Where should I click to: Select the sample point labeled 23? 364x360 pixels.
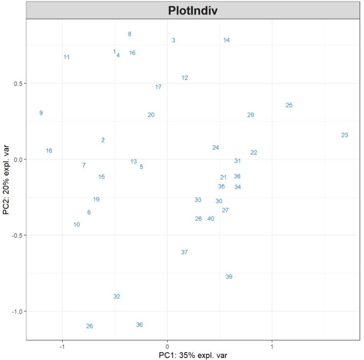pos(344,135)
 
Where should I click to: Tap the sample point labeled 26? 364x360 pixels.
pos(89,326)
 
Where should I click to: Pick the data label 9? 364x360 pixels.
pos(41,113)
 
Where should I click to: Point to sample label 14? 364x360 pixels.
pos(226,40)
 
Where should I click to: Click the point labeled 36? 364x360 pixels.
pos(140,325)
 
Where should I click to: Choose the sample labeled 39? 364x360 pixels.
pos(229,277)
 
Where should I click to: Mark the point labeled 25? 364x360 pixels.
pos(289,105)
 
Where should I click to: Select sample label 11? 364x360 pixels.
pos(66,58)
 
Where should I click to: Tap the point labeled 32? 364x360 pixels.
pos(116,297)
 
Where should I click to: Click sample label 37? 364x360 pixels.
pos(184,252)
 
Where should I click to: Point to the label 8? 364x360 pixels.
pos(130,34)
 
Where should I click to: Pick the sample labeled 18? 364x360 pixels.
pos(49,151)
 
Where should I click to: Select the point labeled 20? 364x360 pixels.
pos(151,115)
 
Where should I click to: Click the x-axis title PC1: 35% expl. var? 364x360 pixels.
pos(193,355)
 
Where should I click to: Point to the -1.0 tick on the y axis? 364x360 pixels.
pos(17,311)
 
